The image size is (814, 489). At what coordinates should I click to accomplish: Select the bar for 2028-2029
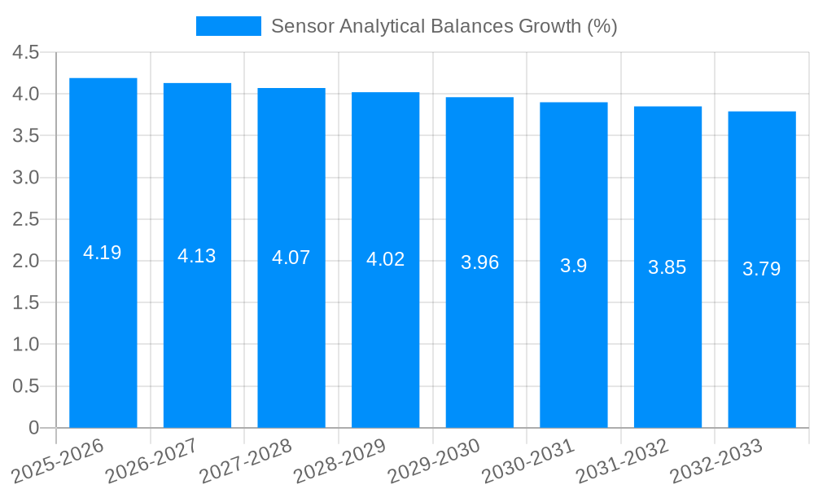(x=385, y=326)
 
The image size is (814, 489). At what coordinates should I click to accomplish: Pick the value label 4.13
(x=197, y=256)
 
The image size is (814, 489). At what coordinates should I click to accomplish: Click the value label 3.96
(x=479, y=262)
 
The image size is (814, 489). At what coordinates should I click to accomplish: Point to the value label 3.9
(x=574, y=266)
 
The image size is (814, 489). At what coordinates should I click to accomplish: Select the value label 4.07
(x=291, y=258)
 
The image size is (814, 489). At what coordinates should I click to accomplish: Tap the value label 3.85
(x=667, y=267)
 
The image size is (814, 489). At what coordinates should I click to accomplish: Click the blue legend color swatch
(x=229, y=26)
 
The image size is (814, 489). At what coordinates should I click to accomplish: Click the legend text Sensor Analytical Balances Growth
(x=444, y=26)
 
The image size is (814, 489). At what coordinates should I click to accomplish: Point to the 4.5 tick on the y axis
(x=26, y=53)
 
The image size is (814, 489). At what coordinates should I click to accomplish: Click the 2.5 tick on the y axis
(x=26, y=219)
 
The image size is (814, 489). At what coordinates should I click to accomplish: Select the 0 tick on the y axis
(x=33, y=428)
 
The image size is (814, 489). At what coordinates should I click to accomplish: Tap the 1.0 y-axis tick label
(x=26, y=345)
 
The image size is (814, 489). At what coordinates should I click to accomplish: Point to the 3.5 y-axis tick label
(x=26, y=136)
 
